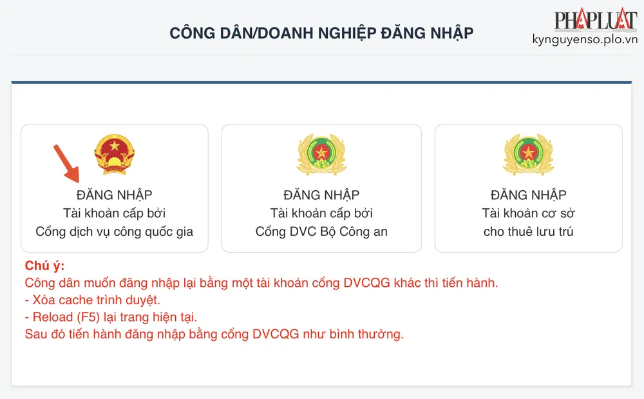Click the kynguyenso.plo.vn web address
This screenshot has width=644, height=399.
coord(585,40)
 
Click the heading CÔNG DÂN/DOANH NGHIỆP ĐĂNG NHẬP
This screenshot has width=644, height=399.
coord(321,33)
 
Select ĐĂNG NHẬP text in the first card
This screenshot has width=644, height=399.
coord(114,195)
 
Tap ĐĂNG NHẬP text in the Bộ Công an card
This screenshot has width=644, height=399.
coord(321,195)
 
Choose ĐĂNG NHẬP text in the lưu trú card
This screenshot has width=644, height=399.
coord(528,195)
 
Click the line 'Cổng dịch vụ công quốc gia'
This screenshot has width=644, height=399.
coord(114,232)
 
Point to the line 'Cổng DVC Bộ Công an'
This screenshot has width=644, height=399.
coord(321,232)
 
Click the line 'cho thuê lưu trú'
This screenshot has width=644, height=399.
coord(528,232)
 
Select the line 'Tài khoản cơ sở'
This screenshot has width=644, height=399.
coord(528,213)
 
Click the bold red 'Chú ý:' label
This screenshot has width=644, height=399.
coord(44,266)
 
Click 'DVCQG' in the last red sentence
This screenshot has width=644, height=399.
coord(271,335)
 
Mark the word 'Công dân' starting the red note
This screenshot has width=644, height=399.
coord(49,283)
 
